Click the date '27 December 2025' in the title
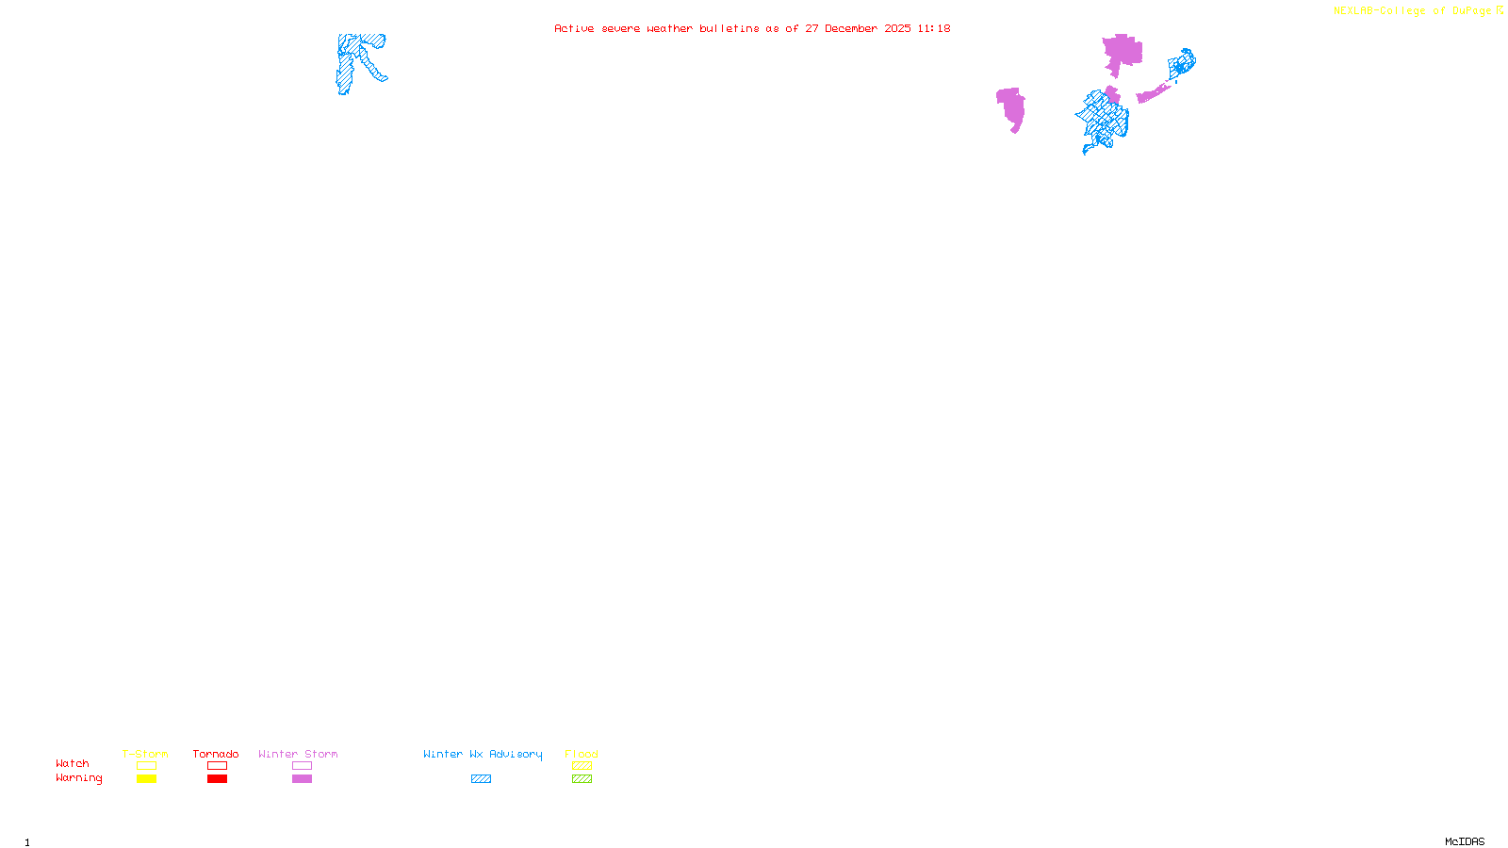click(858, 28)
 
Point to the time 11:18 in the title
click(934, 28)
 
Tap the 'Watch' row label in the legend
click(73, 763)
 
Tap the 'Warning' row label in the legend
click(78, 778)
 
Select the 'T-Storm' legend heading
click(145, 754)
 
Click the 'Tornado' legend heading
click(216, 754)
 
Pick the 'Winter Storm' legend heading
click(298, 754)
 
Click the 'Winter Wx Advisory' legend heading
click(483, 754)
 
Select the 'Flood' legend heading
click(582, 754)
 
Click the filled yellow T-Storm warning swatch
click(146, 779)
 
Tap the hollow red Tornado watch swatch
click(217, 766)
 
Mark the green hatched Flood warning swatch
click(582, 779)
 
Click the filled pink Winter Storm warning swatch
click(302, 779)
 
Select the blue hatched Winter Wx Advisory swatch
click(481, 779)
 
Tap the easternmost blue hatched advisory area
click(1182, 64)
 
